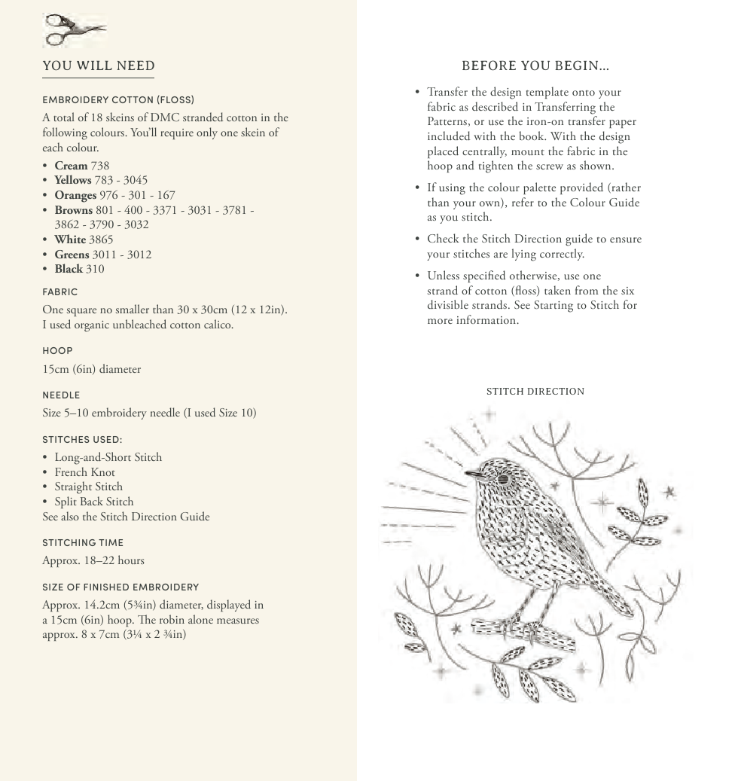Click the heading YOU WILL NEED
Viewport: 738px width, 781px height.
pyautogui.click(x=99, y=66)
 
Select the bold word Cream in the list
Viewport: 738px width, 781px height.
pyautogui.click(x=71, y=166)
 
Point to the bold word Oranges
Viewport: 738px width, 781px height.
pyautogui.click(x=75, y=195)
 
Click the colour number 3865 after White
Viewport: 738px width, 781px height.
pyautogui.click(x=101, y=239)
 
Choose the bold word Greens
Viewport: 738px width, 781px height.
pyautogui.click(x=72, y=255)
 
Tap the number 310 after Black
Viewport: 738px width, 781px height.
pyautogui.click(x=95, y=269)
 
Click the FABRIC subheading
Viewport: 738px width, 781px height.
pyautogui.click(x=60, y=291)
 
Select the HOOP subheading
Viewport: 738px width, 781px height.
pyautogui.click(x=57, y=350)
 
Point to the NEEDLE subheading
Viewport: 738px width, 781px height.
pyautogui.click(x=61, y=395)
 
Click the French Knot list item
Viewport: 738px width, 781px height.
pyautogui.click(x=84, y=472)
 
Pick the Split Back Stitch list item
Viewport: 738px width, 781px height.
pyautogui.click(x=93, y=502)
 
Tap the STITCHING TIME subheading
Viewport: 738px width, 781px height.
pyautogui.click(x=83, y=542)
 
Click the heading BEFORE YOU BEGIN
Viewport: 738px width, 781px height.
pyautogui.click(x=535, y=66)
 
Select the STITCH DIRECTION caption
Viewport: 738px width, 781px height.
pyautogui.click(x=535, y=392)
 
